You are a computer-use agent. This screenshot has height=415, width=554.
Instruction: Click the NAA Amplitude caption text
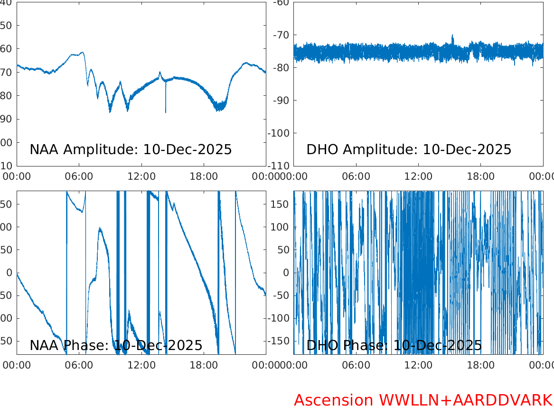click(x=131, y=149)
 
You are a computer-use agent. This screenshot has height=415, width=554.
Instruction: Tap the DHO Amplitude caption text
click(x=409, y=149)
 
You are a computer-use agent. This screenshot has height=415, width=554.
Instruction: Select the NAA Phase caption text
click(x=116, y=346)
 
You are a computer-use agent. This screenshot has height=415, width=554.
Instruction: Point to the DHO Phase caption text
click(x=394, y=346)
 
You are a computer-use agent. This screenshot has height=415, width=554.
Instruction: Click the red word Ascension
click(x=333, y=400)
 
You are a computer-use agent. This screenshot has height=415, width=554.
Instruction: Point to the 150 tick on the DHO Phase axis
click(x=281, y=204)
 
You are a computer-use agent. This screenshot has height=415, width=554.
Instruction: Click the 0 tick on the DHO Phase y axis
click(x=286, y=273)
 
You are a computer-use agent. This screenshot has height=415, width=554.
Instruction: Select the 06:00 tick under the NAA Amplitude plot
click(x=79, y=176)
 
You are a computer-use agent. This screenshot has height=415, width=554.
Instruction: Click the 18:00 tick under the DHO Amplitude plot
click(x=481, y=176)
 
